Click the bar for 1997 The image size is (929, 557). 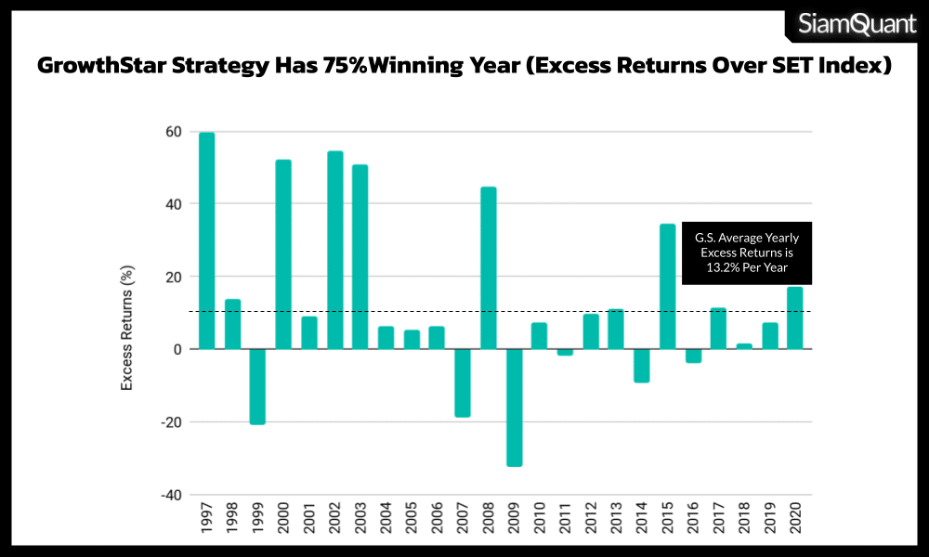206,240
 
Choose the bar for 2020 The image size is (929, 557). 795,317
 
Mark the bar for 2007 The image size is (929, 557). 463,382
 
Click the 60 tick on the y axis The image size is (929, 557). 172,131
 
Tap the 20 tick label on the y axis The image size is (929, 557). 172,277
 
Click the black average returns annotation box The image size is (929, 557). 747,253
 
